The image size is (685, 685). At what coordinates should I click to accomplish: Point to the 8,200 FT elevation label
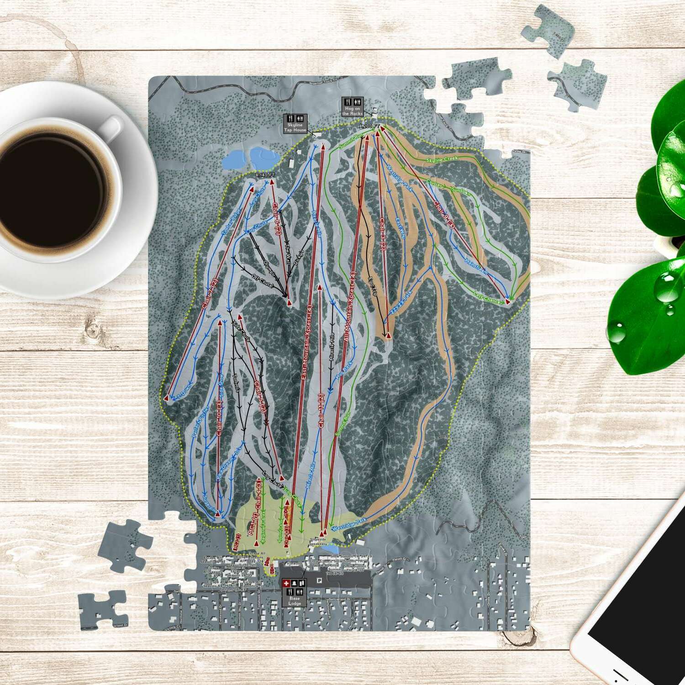(369, 126)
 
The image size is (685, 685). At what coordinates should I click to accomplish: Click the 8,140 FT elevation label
(265, 175)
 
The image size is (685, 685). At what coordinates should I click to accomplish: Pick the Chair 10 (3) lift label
(220, 418)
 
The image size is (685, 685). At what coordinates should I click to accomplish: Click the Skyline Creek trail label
(442, 159)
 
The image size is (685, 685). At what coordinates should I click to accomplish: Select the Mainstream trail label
(476, 266)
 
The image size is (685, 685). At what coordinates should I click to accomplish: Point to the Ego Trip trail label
(371, 283)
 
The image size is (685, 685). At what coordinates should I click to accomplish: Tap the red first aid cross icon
(286, 584)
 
